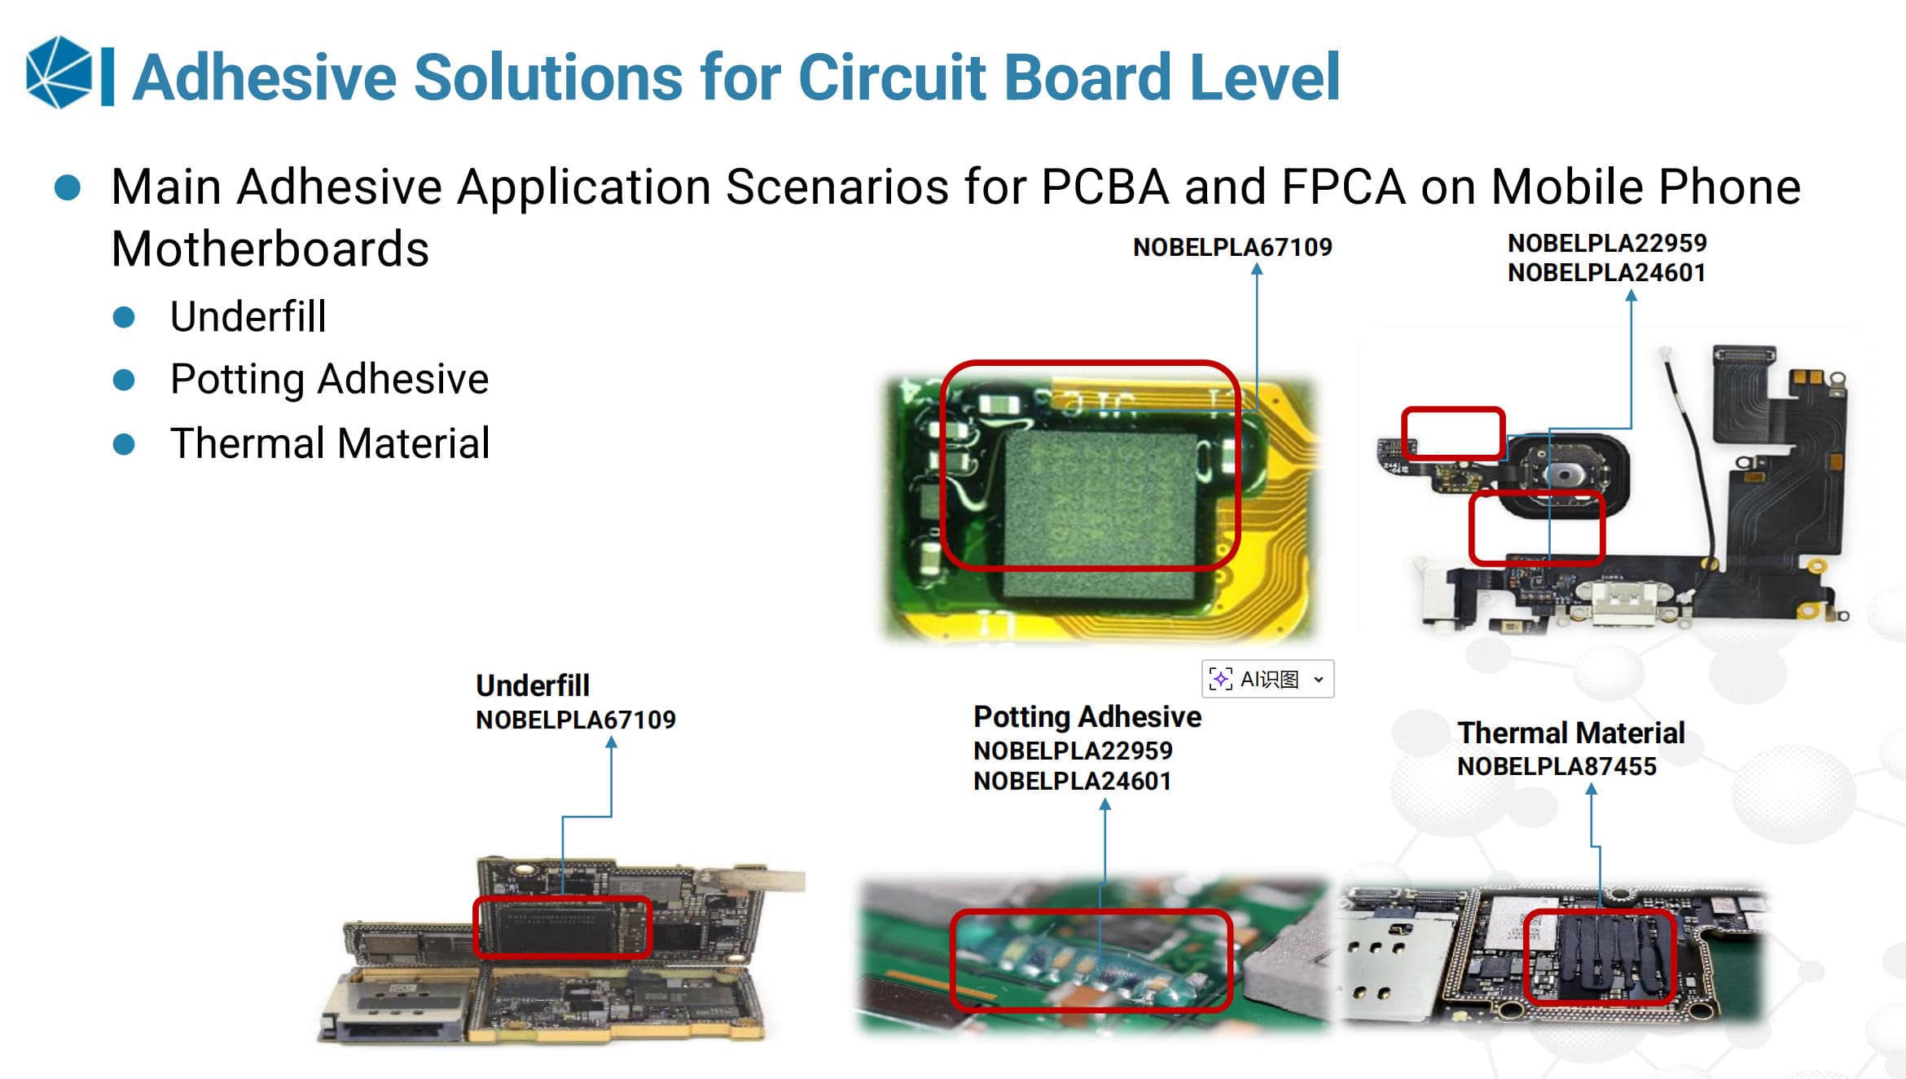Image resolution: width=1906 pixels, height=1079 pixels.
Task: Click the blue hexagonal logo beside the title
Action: pyautogui.click(x=59, y=72)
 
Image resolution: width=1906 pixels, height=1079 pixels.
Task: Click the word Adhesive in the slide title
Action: pyautogui.click(x=266, y=77)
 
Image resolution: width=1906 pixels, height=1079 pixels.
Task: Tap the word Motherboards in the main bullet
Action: pyautogui.click(x=270, y=249)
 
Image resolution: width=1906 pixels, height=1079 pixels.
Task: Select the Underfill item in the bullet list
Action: pyautogui.click(x=248, y=316)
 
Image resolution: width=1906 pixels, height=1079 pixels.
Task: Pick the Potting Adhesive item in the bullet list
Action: pyautogui.click(x=330, y=380)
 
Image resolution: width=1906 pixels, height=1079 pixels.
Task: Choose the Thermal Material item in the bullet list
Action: pyautogui.click(x=330, y=443)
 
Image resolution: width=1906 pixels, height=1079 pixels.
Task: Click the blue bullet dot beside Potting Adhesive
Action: pyautogui.click(x=124, y=380)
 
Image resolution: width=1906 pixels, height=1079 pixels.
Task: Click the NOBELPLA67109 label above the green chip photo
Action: pyautogui.click(x=1232, y=247)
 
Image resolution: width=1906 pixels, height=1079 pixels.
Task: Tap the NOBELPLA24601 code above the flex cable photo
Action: pyautogui.click(x=1606, y=272)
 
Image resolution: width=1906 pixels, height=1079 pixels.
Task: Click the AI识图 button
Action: pyautogui.click(x=1267, y=679)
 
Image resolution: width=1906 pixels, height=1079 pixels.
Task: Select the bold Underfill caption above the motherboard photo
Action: pyautogui.click(x=533, y=686)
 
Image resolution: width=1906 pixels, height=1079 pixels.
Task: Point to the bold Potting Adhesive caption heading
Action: pyautogui.click(x=1087, y=717)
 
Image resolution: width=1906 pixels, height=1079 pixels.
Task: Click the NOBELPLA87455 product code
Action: pyautogui.click(x=1557, y=766)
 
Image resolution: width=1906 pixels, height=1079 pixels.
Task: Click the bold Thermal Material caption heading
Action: pyautogui.click(x=1571, y=733)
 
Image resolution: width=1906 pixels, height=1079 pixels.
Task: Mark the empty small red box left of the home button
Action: pyautogui.click(x=1453, y=434)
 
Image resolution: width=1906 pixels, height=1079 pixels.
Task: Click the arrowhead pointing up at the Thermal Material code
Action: pyautogui.click(x=1591, y=789)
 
